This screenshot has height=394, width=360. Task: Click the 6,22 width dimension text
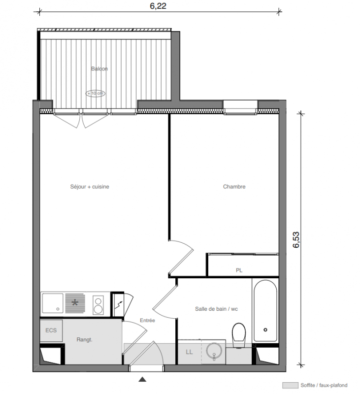[158, 6]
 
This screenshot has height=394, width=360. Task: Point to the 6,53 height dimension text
[296, 240]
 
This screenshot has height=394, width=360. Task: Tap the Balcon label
[99, 68]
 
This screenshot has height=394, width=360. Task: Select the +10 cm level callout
[96, 93]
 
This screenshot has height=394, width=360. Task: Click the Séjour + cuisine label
[90, 187]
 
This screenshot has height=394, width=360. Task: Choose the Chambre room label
[234, 187]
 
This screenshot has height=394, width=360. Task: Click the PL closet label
[239, 270]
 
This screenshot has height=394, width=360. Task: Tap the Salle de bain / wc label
[216, 309]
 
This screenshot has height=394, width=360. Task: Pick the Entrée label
[147, 320]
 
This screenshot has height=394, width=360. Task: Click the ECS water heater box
[51, 330]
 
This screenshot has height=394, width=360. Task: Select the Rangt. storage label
[84, 339]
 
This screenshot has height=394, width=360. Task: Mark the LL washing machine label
[189, 352]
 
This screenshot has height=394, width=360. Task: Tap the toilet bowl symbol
[239, 335]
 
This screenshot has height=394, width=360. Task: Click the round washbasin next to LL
[214, 351]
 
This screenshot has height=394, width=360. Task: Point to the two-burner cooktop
[98, 305]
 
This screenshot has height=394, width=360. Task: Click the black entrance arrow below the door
[142, 379]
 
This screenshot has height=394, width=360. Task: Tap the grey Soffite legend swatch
[290, 385]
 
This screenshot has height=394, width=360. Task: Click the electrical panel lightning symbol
[119, 304]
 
